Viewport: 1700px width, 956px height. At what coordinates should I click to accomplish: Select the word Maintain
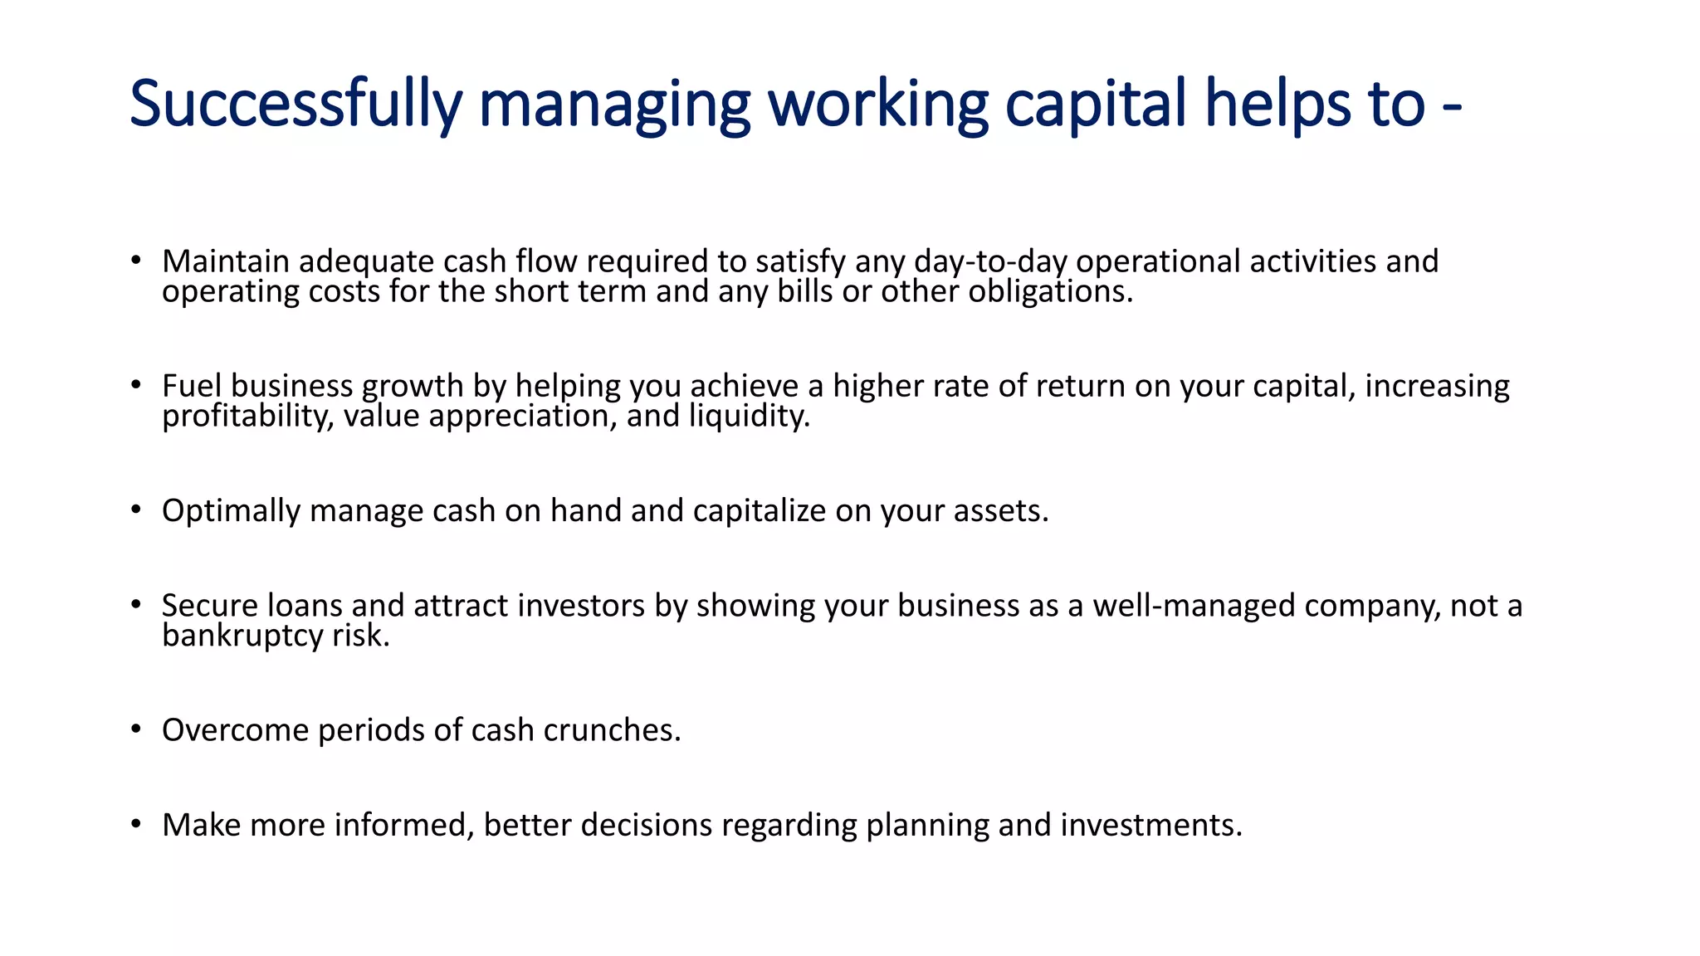click(x=225, y=261)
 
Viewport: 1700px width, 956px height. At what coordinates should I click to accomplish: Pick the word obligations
click(x=1050, y=292)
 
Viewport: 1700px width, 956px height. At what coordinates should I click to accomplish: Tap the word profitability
click(x=248, y=416)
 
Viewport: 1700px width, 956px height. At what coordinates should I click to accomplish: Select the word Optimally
click(x=231, y=511)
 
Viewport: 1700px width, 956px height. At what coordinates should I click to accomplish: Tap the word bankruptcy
click(x=242, y=637)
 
